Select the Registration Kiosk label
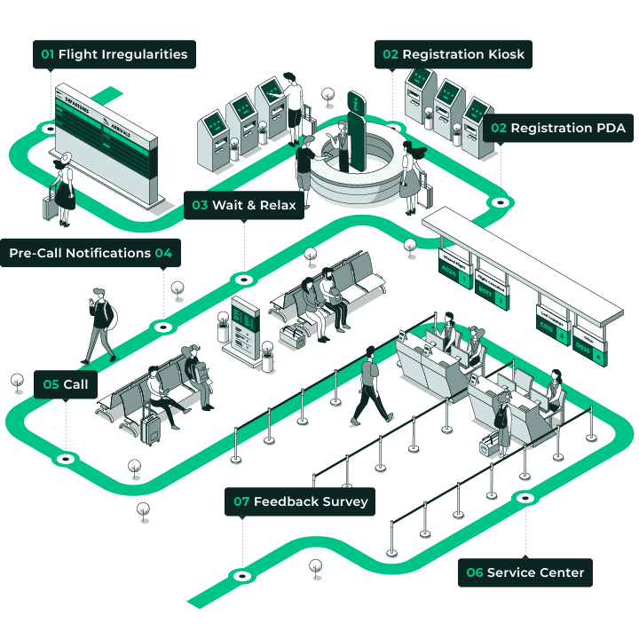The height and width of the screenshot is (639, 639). point(454,54)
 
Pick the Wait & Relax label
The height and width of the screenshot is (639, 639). point(245,205)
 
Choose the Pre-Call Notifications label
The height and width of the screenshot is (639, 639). point(91,253)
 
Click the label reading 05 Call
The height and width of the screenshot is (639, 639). point(66,384)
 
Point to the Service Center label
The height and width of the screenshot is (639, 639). point(525,572)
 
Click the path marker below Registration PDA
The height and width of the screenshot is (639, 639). point(501,202)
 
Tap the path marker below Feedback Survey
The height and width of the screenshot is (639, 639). point(242,576)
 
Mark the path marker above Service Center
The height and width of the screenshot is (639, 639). point(525,498)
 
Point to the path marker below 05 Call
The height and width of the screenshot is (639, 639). point(66,459)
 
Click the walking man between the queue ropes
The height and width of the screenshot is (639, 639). point(371,390)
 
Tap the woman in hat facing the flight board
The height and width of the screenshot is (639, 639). point(64,186)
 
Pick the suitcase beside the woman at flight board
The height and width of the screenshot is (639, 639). point(50,207)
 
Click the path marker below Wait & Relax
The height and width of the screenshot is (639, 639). point(244,279)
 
